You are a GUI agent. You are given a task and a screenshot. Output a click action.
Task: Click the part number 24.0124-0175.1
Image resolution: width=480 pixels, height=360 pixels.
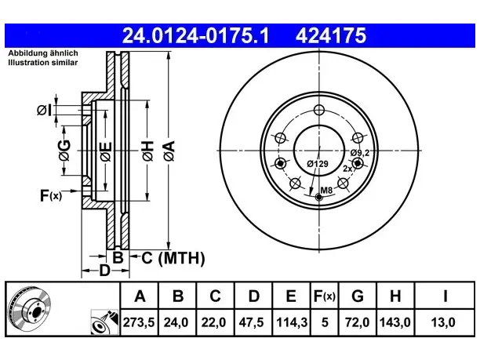click(x=195, y=35)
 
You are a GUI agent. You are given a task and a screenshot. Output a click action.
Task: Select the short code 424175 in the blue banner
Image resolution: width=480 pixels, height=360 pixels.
click(x=331, y=35)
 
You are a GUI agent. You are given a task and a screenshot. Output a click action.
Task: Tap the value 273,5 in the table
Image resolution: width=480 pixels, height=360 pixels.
click(x=139, y=322)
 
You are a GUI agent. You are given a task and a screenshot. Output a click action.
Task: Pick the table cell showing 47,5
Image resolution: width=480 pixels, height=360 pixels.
click(x=251, y=322)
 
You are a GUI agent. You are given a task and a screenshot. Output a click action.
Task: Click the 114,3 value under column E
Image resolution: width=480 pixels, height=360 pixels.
click(x=292, y=322)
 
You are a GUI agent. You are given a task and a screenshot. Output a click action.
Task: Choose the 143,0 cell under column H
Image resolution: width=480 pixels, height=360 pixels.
click(x=395, y=322)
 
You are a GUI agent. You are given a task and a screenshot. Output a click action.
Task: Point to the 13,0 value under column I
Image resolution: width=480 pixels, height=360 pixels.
click(x=443, y=322)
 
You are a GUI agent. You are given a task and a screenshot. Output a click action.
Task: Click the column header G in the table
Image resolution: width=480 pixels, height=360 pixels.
click(x=358, y=296)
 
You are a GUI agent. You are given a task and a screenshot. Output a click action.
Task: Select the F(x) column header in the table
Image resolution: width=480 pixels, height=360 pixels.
click(x=325, y=296)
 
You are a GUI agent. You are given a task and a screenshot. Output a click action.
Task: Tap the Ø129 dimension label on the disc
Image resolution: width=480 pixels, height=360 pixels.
click(x=318, y=164)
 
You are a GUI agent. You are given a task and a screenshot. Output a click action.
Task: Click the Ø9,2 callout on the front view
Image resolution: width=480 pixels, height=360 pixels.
click(x=360, y=152)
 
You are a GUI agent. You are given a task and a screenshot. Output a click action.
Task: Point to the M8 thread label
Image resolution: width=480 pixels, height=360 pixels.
click(x=326, y=191)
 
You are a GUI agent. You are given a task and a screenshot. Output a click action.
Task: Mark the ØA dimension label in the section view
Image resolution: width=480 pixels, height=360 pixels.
click(x=169, y=151)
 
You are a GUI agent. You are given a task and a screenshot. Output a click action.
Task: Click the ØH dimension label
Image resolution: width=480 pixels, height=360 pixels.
click(x=147, y=151)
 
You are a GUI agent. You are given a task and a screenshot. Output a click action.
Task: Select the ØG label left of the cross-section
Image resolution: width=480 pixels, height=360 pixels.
click(x=64, y=151)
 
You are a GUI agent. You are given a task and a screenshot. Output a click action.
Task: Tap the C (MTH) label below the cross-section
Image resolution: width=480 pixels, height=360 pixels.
click(x=173, y=258)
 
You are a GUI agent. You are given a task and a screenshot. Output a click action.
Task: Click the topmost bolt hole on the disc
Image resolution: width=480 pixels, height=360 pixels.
click(x=319, y=110)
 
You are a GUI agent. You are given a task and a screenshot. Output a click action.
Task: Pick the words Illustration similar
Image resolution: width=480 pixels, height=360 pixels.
click(x=43, y=63)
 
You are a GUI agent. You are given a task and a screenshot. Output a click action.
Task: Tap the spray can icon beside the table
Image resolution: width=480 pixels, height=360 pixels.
click(x=104, y=322)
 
